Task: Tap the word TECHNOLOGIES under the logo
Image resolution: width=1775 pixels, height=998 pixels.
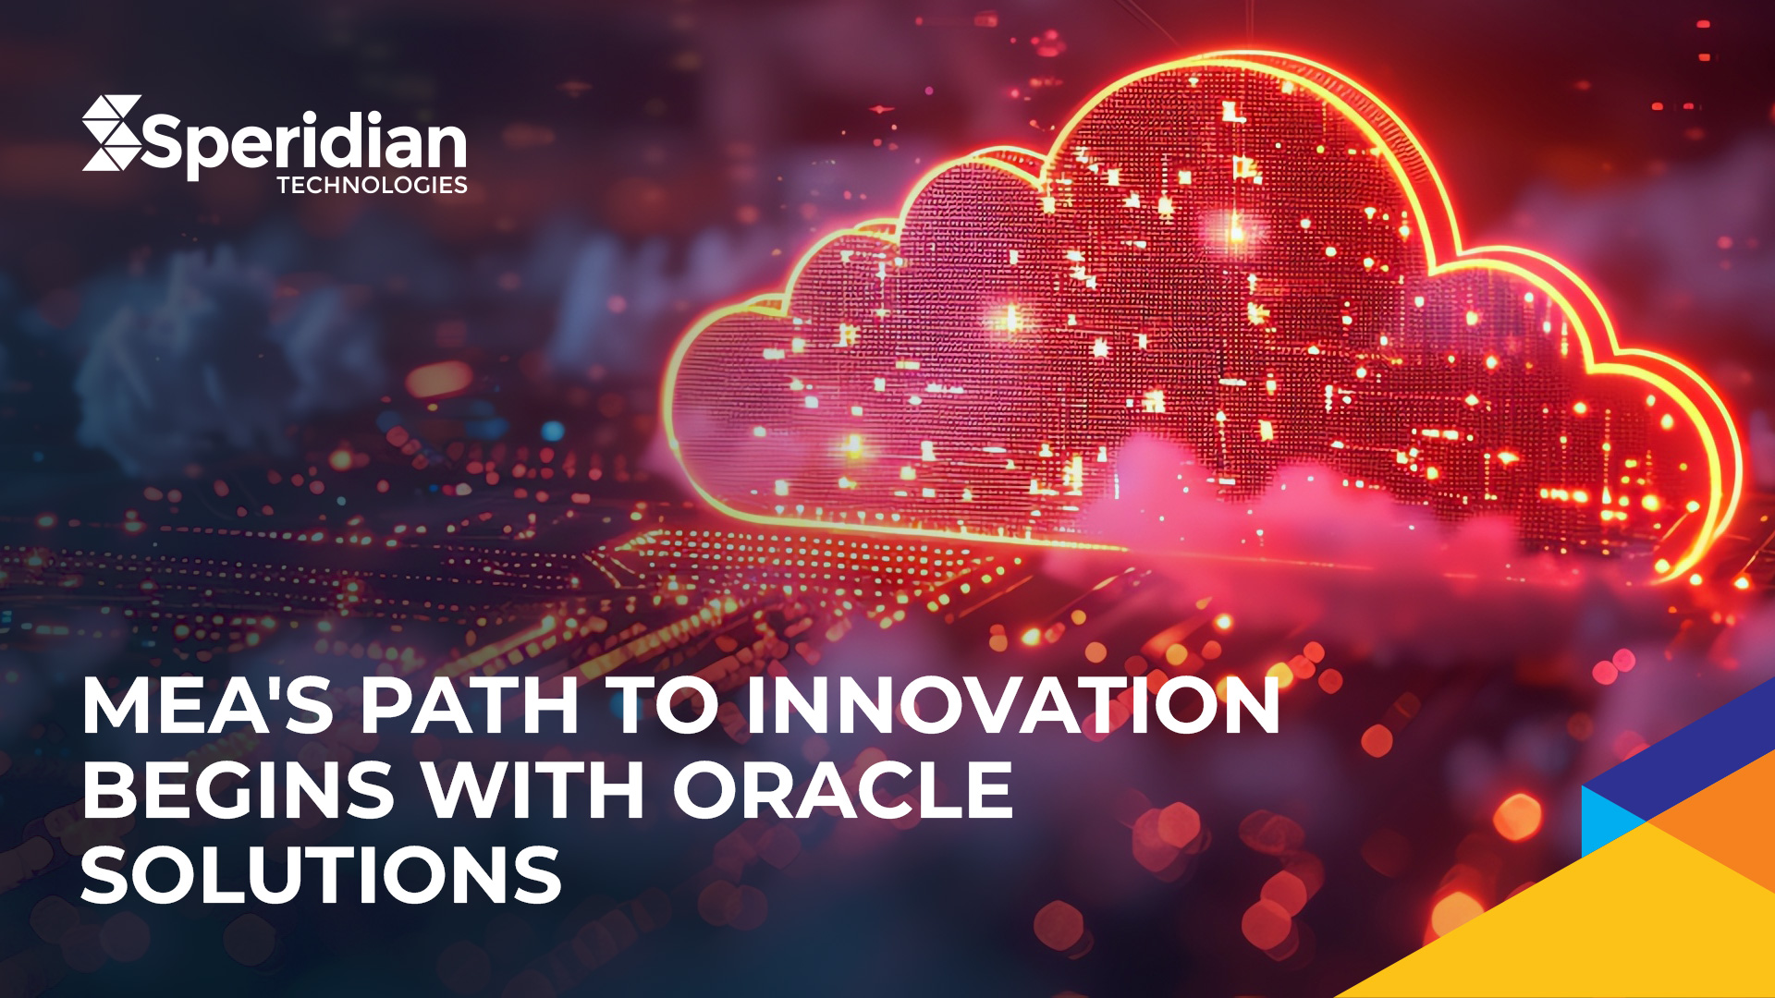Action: (x=372, y=185)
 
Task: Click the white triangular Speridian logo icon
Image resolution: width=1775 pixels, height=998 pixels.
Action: (x=111, y=132)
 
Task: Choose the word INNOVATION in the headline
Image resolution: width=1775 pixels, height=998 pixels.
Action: (x=1013, y=706)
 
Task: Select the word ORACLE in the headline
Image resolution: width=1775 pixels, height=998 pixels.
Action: (x=842, y=790)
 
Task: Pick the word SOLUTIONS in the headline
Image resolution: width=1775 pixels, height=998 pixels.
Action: (x=322, y=874)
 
